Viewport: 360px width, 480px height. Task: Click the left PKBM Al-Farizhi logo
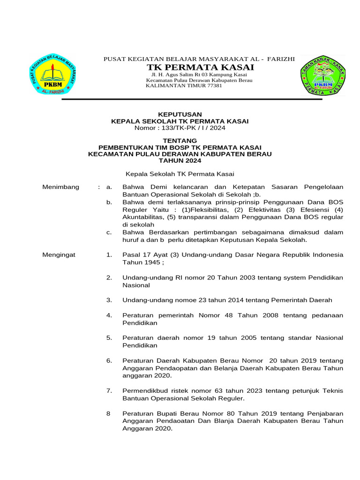tap(56, 74)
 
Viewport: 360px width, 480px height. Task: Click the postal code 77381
tap(214, 86)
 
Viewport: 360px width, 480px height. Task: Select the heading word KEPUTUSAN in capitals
tap(180, 114)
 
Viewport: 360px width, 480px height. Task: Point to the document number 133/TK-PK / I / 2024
tap(193, 127)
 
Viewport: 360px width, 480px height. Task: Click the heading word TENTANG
tap(180, 140)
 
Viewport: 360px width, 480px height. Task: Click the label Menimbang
tap(61, 187)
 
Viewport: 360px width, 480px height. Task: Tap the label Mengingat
tap(59, 255)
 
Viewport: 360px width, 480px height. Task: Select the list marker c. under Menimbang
tap(109, 232)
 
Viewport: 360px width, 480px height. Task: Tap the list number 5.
tap(109, 337)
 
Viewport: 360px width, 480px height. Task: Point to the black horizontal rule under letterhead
tap(192, 99)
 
